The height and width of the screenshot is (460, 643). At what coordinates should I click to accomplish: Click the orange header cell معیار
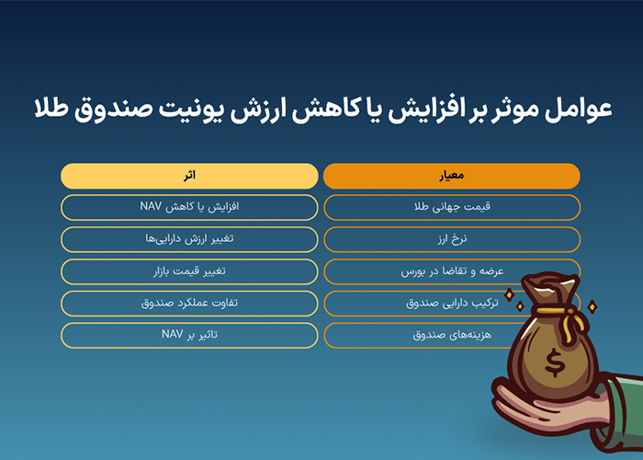(x=452, y=176)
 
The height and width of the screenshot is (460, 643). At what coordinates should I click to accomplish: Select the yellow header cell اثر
(x=189, y=176)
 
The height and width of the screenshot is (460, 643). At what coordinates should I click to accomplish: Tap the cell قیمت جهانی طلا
(x=452, y=207)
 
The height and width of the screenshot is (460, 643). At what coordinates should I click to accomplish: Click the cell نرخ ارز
(x=452, y=239)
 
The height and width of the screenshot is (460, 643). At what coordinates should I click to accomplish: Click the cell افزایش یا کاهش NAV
(x=189, y=207)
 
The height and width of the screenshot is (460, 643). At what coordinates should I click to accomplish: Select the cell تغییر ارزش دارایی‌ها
(x=189, y=239)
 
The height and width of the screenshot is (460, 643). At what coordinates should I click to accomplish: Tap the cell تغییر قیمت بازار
(x=189, y=271)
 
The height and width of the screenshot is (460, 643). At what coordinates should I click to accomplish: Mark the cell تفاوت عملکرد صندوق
(x=189, y=304)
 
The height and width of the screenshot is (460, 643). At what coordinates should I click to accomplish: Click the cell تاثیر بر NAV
(x=189, y=336)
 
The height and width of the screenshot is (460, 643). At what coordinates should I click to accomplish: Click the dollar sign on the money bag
(x=555, y=362)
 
